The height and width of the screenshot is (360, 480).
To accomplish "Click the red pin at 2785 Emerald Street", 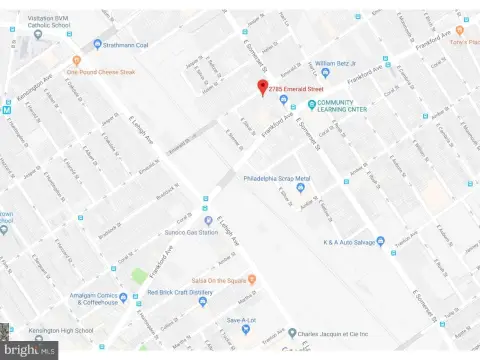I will pyautogui.click(x=263, y=87).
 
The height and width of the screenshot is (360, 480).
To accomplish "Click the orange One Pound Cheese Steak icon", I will pyautogui.click(x=59, y=72).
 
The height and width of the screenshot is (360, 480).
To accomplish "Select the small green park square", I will pyautogui.click(x=140, y=275).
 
